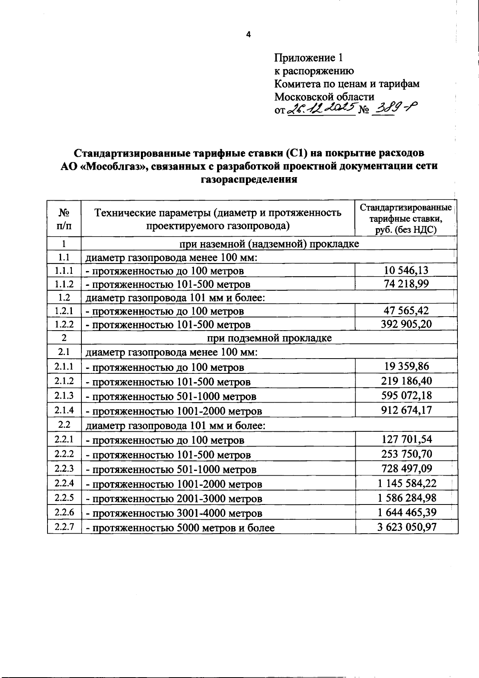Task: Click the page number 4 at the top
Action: tap(248, 35)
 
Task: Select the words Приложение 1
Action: tap(308, 58)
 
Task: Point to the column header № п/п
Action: tap(64, 218)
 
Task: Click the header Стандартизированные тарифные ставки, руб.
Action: tap(406, 218)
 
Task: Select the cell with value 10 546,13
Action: tap(406, 270)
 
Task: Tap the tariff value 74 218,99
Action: tap(406, 284)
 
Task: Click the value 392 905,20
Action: tap(406, 324)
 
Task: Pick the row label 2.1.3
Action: tap(64, 395)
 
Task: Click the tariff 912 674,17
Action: tap(406, 410)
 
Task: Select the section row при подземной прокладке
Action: tap(269, 338)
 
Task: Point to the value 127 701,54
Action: tap(406, 439)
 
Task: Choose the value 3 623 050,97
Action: tap(407, 526)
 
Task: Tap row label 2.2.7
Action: tap(64, 526)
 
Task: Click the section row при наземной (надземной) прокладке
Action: tap(269, 243)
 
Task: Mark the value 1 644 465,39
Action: tap(407, 512)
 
